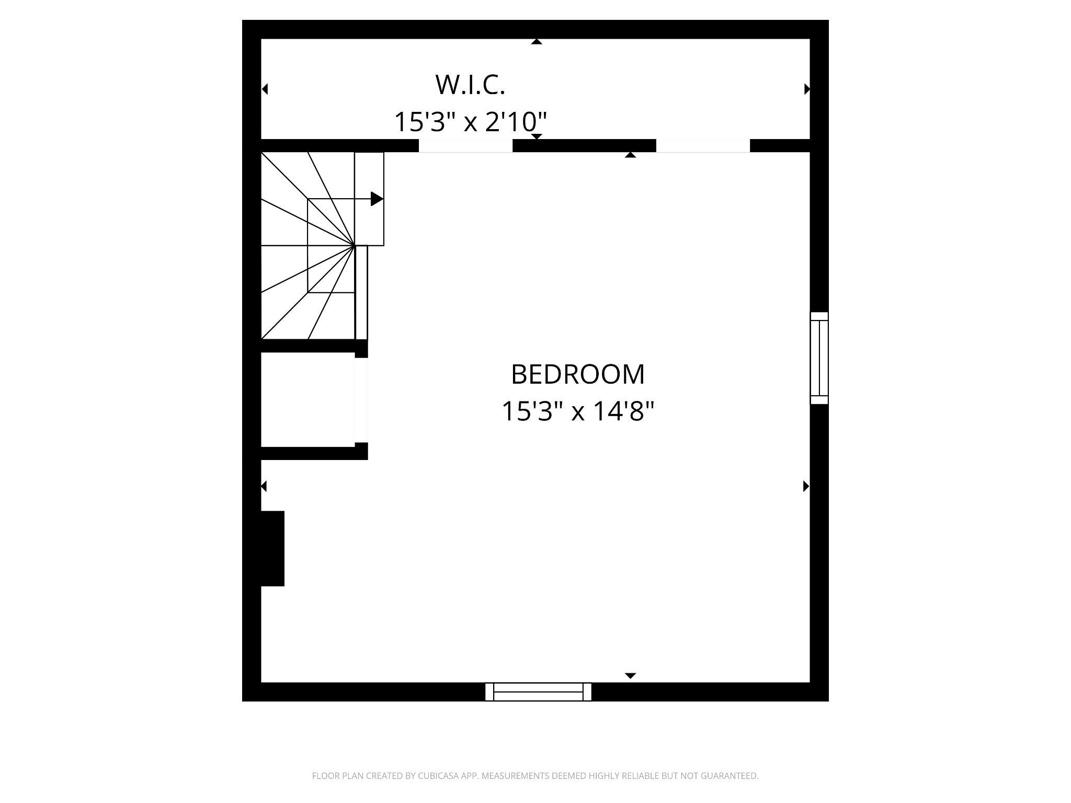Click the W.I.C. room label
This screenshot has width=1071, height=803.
pos(470,85)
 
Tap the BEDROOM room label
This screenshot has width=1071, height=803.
pos(577,374)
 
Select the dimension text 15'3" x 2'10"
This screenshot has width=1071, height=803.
pos(470,122)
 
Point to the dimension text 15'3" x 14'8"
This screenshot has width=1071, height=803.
pos(577,411)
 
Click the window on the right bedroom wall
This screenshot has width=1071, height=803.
pos(819,358)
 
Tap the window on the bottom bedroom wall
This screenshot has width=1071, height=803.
pos(538,692)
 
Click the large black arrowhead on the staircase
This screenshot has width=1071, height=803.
pos(377,199)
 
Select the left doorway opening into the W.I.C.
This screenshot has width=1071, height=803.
pos(465,146)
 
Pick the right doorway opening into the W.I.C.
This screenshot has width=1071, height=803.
pos(703,146)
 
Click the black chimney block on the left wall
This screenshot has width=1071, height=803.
pos(272,548)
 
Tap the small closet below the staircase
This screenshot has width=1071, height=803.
pos(307,399)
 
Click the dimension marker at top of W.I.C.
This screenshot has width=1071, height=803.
pos(537,42)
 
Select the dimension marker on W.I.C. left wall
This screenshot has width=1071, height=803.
pos(265,89)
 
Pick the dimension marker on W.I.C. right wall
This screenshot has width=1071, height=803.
pos(806,89)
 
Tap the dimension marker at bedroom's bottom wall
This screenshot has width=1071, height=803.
pos(631,676)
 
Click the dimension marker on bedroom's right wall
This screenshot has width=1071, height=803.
pos(806,486)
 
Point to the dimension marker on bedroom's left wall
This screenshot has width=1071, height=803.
pos(264,486)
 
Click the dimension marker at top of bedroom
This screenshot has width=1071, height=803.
pos(631,155)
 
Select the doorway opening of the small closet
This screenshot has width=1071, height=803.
pos(361,400)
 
